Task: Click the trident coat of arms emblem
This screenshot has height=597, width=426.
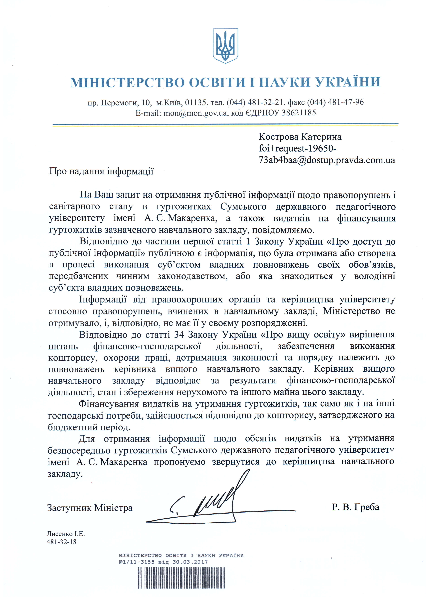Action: pos(225,46)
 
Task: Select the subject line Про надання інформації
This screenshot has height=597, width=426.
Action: pos(101,171)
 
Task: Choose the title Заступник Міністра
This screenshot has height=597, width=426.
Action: pos(90,508)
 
